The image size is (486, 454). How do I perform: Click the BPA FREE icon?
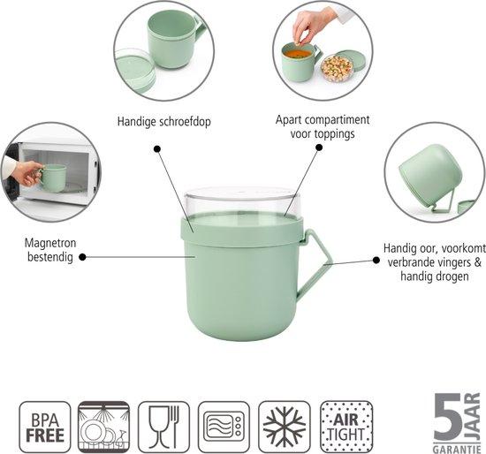(45, 427)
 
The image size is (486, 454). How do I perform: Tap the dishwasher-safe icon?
(103, 427)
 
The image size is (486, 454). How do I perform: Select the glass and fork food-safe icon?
(163, 427)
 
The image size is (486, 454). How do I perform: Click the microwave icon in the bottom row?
(224, 427)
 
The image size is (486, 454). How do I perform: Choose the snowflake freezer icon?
(285, 427)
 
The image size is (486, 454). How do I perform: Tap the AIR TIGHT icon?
(346, 427)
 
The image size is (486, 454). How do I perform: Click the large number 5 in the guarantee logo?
(448, 418)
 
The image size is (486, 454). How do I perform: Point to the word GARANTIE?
(457, 449)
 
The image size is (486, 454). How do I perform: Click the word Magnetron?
(50, 243)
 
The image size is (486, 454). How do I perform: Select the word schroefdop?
(185, 122)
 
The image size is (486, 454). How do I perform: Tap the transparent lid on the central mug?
(243, 201)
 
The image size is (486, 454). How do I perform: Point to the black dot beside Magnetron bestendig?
(82, 257)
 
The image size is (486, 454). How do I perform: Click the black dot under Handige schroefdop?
(157, 148)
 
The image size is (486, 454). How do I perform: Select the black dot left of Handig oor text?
(376, 260)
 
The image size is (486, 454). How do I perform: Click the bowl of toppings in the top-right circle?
(338, 68)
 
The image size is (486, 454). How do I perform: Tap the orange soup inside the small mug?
(298, 54)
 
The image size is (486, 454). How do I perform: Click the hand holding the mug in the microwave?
(27, 173)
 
